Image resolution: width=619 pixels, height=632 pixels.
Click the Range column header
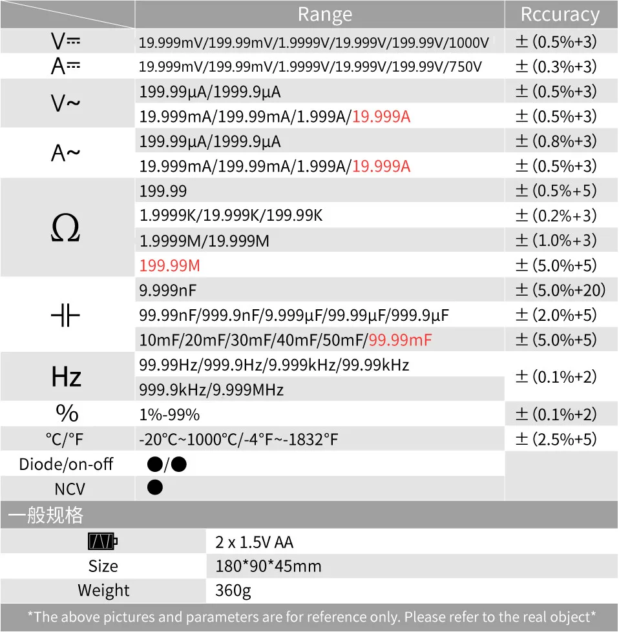[324, 14]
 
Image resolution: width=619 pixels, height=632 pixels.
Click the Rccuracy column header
[560, 14]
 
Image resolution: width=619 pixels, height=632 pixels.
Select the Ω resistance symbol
[65, 228]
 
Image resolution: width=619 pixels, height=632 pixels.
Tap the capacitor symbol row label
[65, 315]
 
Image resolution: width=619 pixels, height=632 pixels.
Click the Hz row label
[66, 377]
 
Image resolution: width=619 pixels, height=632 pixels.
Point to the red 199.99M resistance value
[169, 265]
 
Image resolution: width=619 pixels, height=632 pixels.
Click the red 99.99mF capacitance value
[400, 340]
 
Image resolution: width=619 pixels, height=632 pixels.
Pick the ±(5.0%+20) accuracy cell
[560, 291]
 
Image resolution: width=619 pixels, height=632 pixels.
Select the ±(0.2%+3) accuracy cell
[556, 216]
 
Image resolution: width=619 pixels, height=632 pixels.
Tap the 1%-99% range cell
[169, 414]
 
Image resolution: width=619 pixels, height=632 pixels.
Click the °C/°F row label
[65, 440]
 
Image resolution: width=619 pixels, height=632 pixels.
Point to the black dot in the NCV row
[155, 487]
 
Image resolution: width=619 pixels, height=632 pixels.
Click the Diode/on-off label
[66, 464]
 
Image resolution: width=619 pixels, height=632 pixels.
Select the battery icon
[103, 541]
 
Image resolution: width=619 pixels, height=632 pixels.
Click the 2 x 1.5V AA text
[254, 542]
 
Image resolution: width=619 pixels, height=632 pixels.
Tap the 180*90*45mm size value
[268, 566]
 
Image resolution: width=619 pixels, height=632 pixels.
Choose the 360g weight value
[233, 591]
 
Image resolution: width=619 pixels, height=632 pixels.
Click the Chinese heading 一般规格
[45, 515]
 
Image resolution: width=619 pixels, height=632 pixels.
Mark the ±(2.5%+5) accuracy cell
[556, 440]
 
